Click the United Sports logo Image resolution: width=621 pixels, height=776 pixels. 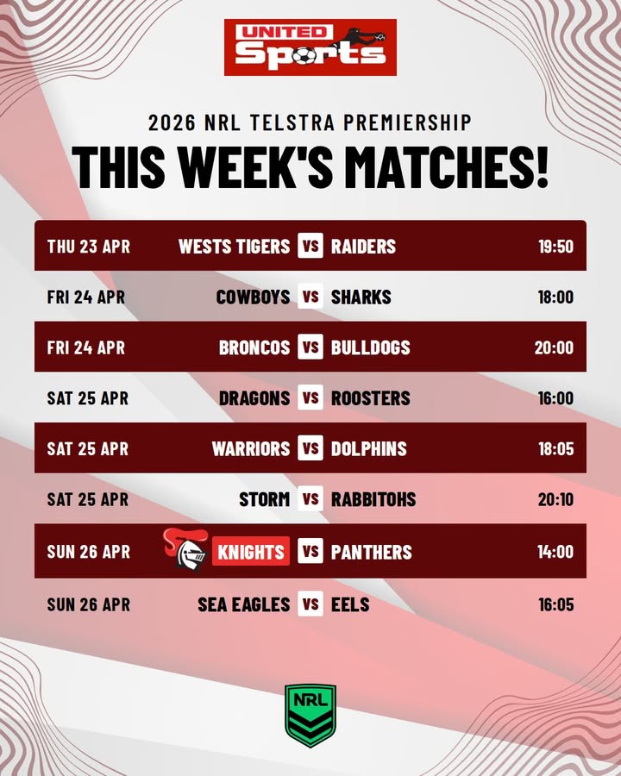310,47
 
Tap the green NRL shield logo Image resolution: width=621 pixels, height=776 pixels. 310,715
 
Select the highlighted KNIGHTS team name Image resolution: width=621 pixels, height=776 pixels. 251,552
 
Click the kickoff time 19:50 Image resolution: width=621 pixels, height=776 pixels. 555,247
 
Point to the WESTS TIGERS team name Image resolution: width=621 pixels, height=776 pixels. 234,247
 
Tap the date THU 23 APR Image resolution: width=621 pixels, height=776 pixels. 89,247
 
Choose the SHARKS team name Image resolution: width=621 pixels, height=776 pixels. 361,297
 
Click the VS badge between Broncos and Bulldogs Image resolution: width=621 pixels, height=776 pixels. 310,347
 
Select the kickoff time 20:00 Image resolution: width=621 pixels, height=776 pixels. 554,347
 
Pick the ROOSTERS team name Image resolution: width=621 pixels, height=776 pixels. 371,398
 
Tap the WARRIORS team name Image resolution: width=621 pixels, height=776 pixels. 251,449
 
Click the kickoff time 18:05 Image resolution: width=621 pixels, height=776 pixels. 555,449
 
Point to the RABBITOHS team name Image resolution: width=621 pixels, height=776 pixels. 373,499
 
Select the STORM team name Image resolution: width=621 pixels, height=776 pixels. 264,499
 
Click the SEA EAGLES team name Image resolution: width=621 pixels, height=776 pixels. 244,604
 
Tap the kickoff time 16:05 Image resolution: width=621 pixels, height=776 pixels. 555,604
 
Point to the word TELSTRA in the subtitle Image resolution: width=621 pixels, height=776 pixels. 292,122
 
